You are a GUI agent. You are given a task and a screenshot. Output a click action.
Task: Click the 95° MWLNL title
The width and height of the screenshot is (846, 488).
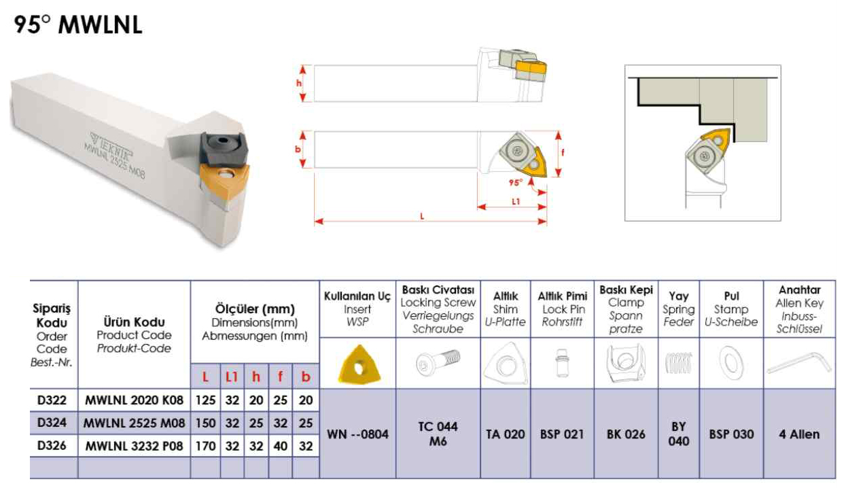tap(77, 26)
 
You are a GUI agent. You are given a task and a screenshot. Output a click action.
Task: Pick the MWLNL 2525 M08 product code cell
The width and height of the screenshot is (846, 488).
tap(135, 423)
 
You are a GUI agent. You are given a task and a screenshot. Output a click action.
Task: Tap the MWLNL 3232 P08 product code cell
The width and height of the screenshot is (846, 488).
tap(135, 447)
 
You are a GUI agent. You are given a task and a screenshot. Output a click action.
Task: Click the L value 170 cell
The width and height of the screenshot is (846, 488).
tap(205, 447)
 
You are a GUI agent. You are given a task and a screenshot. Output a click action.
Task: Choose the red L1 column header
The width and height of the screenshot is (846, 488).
tap(232, 375)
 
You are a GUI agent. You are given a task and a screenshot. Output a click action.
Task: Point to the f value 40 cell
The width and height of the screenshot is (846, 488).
tap(280, 447)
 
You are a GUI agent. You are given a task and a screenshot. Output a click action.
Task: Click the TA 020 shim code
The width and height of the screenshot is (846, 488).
tap(505, 434)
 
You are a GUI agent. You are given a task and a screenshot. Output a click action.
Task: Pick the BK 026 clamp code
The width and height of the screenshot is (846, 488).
tap(625, 434)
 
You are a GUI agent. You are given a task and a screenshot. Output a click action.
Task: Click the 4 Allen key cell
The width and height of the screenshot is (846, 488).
tap(798, 434)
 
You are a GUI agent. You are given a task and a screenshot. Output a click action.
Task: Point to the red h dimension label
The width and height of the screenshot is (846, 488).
tap(298, 83)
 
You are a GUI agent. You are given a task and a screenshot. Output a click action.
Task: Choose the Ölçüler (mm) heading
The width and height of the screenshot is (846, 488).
tap(254, 309)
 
